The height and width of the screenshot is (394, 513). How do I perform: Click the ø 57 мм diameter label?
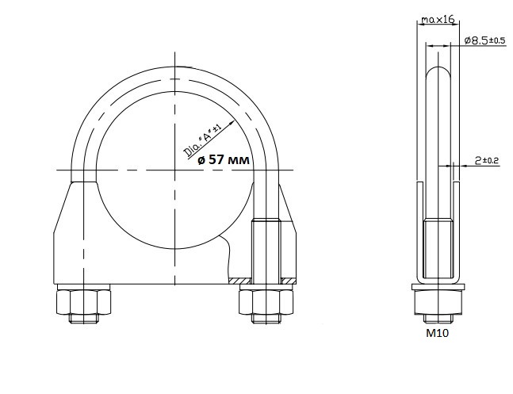click(224, 159)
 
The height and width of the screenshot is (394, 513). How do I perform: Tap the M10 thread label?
click(438, 333)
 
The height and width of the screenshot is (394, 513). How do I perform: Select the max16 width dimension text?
click(438, 20)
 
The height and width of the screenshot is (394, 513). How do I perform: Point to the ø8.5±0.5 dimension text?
click(485, 40)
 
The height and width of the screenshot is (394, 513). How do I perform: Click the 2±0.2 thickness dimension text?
click(487, 160)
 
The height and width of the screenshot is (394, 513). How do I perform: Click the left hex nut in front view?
click(83, 302)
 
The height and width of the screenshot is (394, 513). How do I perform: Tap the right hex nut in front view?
click(266, 302)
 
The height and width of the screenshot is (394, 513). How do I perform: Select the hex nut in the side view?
click(438, 302)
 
